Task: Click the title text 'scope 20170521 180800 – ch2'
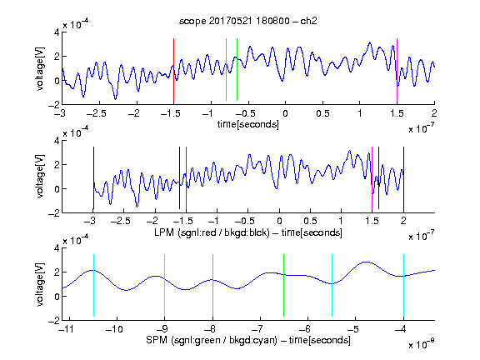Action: point(248,21)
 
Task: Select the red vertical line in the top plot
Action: point(173,70)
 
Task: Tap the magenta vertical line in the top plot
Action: point(397,70)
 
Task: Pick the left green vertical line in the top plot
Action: point(226,69)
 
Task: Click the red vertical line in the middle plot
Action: point(186,177)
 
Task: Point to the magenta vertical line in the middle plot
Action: point(372,177)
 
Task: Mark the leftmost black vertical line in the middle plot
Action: point(93,177)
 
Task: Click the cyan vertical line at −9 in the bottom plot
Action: point(164,285)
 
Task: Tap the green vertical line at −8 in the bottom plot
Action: point(212,285)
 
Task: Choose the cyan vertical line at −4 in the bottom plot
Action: point(403,285)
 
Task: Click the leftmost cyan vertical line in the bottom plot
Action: point(93,285)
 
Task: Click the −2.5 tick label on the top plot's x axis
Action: point(96,113)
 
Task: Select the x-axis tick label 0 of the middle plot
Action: point(279,221)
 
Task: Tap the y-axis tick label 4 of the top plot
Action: point(57,32)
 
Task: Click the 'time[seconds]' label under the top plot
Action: point(248,124)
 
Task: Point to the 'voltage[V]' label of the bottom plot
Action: point(40,284)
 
